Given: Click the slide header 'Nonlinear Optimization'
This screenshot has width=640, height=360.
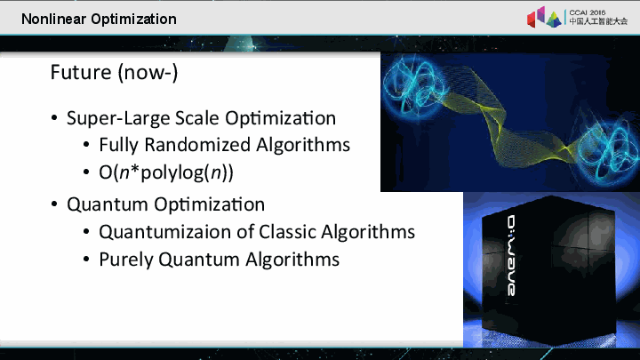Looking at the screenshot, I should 98,19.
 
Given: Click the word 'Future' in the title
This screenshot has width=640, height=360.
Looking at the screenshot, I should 80,72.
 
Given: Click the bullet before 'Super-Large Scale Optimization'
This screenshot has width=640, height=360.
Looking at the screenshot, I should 55,118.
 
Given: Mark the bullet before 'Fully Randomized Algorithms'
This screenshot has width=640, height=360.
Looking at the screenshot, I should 86,145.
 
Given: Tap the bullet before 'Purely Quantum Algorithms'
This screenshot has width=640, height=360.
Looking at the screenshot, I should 86,260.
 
